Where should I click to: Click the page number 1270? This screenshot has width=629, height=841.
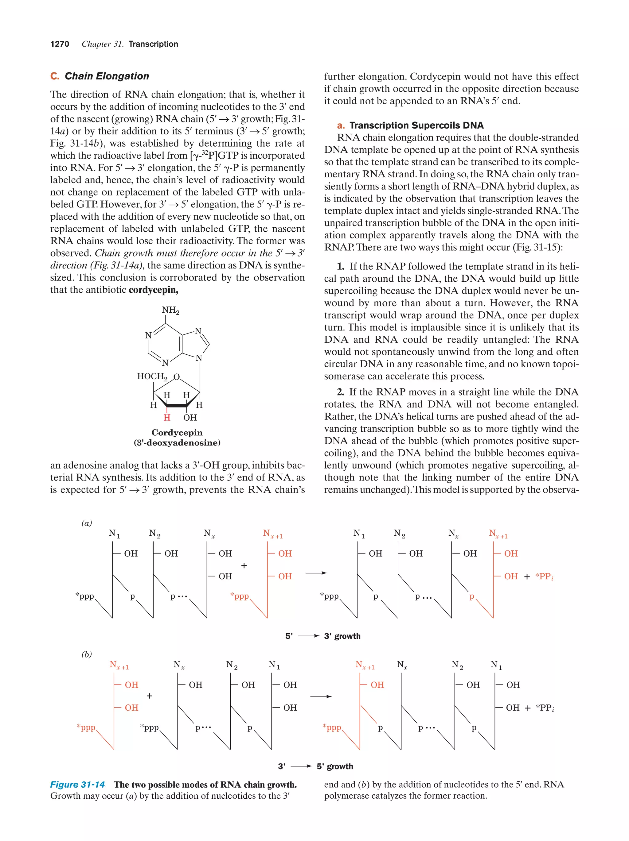[x=60, y=44]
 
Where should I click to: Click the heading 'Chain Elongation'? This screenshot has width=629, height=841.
[x=107, y=76]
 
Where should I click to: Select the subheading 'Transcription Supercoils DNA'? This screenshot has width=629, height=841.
[x=416, y=125]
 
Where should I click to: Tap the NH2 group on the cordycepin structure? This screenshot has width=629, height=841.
[x=170, y=310]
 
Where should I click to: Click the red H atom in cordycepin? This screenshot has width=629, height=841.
[x=167, y=418]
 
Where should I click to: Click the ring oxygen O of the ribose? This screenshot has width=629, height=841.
[x=177, y=377]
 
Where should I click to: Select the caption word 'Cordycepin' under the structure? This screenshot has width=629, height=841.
[x=177, y=433]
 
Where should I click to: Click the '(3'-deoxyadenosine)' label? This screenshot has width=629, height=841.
[x=177, y=442]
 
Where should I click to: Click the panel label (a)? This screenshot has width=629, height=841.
[x=87, y=523]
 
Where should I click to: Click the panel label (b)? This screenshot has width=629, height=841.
[x=87, y=654]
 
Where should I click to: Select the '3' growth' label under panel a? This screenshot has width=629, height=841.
[x=342, y=636]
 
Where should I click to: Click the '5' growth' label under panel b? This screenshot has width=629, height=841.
[x=335, y=766]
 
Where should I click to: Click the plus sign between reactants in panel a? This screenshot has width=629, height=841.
[x=244, y=565]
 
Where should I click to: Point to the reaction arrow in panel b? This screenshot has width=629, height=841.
[x=321, y=696]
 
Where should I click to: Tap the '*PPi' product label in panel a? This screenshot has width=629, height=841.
[x=544, y=577]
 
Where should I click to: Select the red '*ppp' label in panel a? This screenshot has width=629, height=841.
[x=239, y=596]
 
